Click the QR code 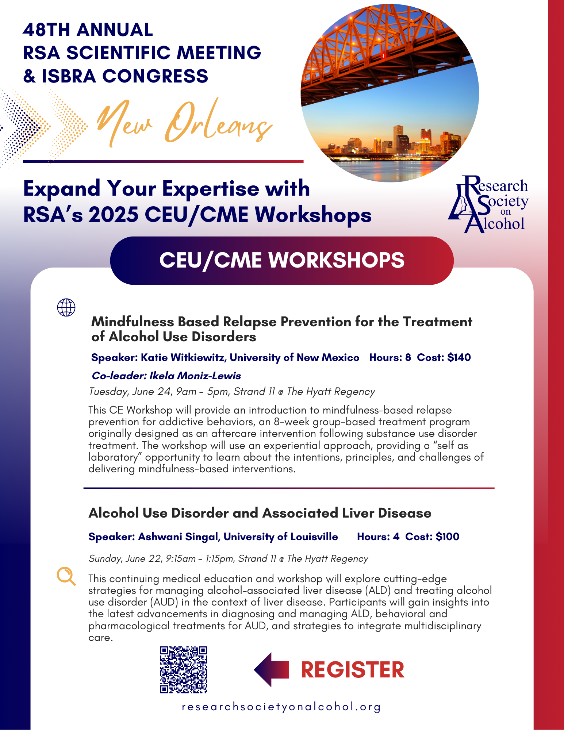pyautogui.click(x=183, y=669)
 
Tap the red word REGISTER pyautogui.click(x=353, y=670)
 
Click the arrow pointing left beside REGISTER pyautogui.click(x=271, y=670)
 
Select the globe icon pyautogui.click(x=66, y=307)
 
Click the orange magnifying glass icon pyautogui.click(x=66, y=576)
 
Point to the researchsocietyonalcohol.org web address pyautogui.click(x=281, y=707)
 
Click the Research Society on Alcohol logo pyautogui.click(x=488, y=204)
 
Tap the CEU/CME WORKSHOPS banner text pyautogui.click(x=282, y=260)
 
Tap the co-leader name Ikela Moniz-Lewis pyautogui.click(x=195, y=376)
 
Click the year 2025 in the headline pyautogui.click(x=114, y=215)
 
